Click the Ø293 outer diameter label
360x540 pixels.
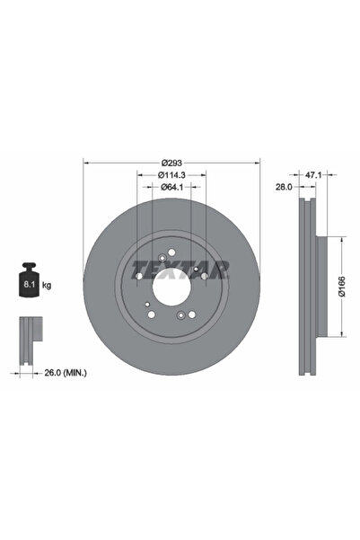(x=171, y=163)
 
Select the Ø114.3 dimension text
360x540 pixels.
(x=171, y=175)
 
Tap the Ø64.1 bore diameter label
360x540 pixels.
(x=171, y=187)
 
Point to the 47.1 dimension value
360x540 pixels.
(x=313, y=175)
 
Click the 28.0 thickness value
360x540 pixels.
(x=284, y=187)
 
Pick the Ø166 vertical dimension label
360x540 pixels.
(x=342, y=287)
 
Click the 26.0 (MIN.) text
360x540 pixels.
(x=66, y=373)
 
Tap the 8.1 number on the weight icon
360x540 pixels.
(x=28, y=285)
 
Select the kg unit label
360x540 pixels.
(x=47, y=285)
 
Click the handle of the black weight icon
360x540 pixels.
(x=29, y=266)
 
